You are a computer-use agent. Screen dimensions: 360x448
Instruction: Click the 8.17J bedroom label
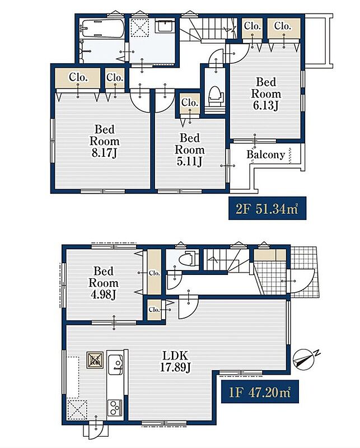[105, 141]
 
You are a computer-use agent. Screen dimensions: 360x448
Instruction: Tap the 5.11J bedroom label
[190, 150]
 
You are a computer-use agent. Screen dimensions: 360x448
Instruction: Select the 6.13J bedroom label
[266, 94]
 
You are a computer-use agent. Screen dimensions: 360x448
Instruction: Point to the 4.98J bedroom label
[104, 283]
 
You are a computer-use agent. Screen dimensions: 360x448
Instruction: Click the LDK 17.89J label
[175, 362]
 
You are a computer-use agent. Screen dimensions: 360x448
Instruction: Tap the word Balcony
[266, 155]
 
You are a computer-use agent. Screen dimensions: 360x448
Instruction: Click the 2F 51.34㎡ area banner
[267, 208]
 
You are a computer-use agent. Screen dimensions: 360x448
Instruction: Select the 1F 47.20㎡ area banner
[260, 391]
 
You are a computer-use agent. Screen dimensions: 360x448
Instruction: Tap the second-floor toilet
[216, 96]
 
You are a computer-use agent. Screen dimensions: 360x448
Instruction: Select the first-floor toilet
[188, 258]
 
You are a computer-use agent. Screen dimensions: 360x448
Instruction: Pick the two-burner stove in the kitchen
[115, 408]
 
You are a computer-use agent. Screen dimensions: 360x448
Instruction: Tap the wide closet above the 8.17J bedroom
[77, 78]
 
